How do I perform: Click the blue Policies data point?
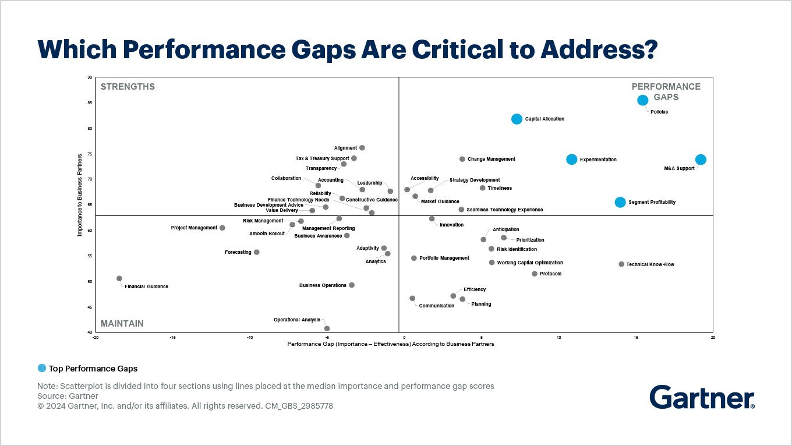pos(642,100)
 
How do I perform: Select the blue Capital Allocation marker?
pos(517,119)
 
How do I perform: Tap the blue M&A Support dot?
pos(701,160)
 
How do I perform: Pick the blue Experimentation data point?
pos(571,160)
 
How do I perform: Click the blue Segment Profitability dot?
pos(620,203)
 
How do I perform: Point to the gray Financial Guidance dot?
pos(119,279)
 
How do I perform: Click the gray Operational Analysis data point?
pos(327,328)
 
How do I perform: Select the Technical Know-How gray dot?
pos(621,264)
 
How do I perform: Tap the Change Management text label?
pos(491,160)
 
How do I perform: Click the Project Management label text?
pos(194,228)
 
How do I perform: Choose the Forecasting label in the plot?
pos(238,253)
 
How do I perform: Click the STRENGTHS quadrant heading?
pos(128,87)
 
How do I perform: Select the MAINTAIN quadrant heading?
pos(122,324)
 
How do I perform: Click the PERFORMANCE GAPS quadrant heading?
pos(666,92)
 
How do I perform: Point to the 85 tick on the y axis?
pos(90,103)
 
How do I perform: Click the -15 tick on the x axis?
pos(173,337)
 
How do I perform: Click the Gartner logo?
pos(702,397)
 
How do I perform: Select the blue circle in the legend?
pos(42,368)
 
